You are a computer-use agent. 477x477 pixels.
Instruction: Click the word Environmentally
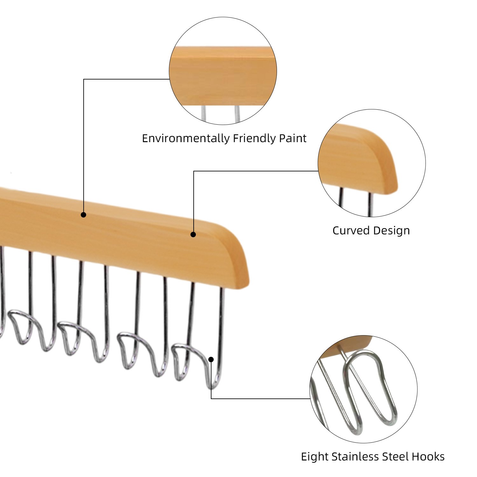click(186, 139)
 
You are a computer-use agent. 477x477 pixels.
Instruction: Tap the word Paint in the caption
click(293, 138)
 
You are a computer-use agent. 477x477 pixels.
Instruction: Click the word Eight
click(315, 457)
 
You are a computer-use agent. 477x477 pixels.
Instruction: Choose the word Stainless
click(355, 457)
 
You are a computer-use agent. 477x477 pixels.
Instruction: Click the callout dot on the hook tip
click(211, 359)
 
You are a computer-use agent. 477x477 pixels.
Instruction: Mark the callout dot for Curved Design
click(193, 235)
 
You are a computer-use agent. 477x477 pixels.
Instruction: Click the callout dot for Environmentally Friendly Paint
click(83, 215)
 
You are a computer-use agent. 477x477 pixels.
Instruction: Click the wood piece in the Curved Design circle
click(356, 159)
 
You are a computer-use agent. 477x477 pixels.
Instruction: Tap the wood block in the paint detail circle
click(223, 76)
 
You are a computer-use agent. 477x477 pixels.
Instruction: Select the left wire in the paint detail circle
click(204, 113)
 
